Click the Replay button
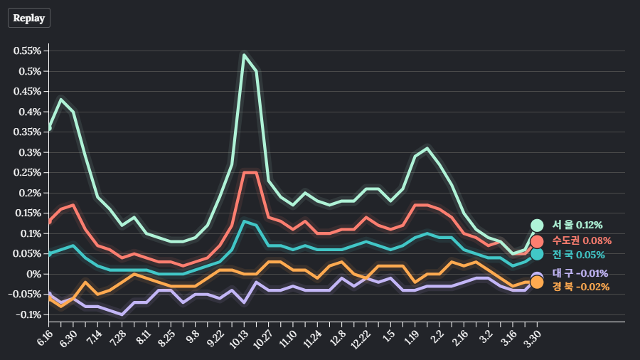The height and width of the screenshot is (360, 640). click(x=29, y=18)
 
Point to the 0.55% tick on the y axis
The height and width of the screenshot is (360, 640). click(x=27, y=51)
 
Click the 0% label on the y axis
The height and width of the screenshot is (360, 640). click(x=35, y=275)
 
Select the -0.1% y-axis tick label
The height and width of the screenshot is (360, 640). click(x=28, y=315)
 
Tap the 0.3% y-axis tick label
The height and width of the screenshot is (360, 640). click(x=31, y=153)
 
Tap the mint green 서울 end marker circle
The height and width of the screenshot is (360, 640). click(x=537, y=226)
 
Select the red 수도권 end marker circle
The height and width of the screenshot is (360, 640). click(x=537, y=241)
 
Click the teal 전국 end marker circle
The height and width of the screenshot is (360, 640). click(x=537, y=254)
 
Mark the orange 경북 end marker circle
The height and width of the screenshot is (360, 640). click(x=537, y=282)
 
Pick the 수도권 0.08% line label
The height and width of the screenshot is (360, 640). click(x=582, y=240)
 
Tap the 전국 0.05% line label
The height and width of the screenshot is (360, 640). click(x=578, y=255)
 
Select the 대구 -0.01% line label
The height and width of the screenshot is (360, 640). click(x=580, y=273)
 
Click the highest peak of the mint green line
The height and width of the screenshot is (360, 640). click(x=244, y=55)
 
